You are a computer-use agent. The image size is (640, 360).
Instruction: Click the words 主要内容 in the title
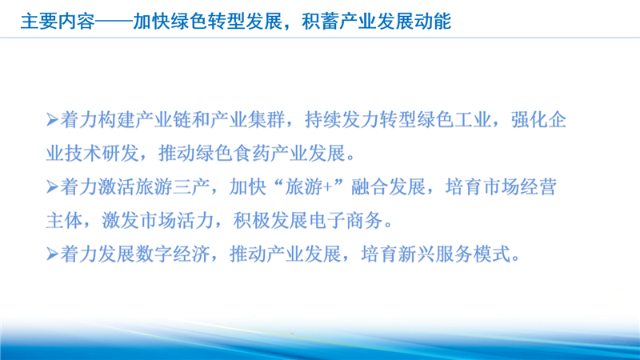tap(58, 22)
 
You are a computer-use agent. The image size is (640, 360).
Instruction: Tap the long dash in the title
tap(114, 22)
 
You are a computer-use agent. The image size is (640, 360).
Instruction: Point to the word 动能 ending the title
tap(433, 22)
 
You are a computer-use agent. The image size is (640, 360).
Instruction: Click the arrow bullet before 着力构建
tap(52, 120)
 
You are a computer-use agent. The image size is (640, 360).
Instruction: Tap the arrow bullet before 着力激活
tap(52, 187)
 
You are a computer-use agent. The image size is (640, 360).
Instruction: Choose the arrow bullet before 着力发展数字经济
tap(52, 254)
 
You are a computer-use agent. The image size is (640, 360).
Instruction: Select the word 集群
tap(267, 120)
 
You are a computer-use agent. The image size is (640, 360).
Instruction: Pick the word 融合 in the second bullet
tap(370, 187)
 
